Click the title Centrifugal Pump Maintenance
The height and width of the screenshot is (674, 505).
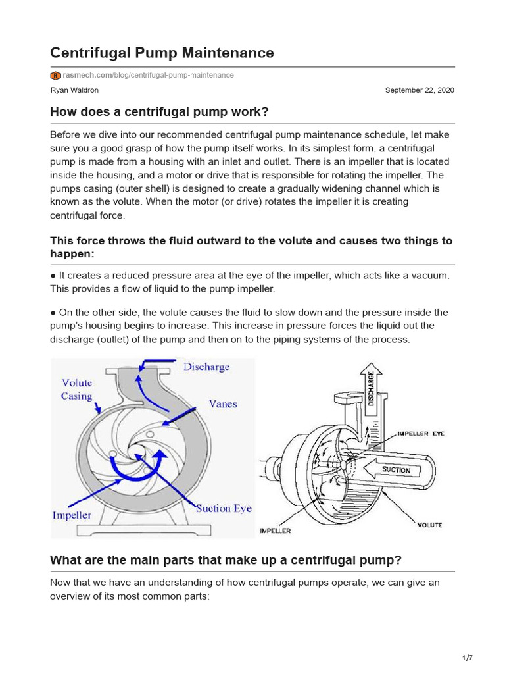click(x=162, y=53)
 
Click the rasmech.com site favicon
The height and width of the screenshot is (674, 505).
click(x=55, y=76)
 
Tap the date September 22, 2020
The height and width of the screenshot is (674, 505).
click(x=419, y=90)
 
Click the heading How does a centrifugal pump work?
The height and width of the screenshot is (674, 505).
click(x=159, y=112)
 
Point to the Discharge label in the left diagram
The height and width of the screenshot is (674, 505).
click(x=206, y=367)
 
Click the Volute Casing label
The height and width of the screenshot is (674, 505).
click(x=77, y=389)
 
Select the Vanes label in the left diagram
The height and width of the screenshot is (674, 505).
click(x=223, y=403)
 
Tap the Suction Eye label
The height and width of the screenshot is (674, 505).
click(x=224, y=508)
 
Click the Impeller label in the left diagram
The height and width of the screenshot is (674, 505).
click(x=72, y=515)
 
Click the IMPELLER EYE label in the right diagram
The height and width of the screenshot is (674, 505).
click(x=420, y=434)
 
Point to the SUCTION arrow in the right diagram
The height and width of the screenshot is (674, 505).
click(x=395, y=470)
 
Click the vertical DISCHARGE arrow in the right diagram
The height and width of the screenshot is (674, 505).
click(x=372, y=388)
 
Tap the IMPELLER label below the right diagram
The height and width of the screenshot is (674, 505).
click(x=275, y=530)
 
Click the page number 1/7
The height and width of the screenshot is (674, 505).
click(x=468, y=658)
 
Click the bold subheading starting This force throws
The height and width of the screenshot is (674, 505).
click(x=251, y=247)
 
